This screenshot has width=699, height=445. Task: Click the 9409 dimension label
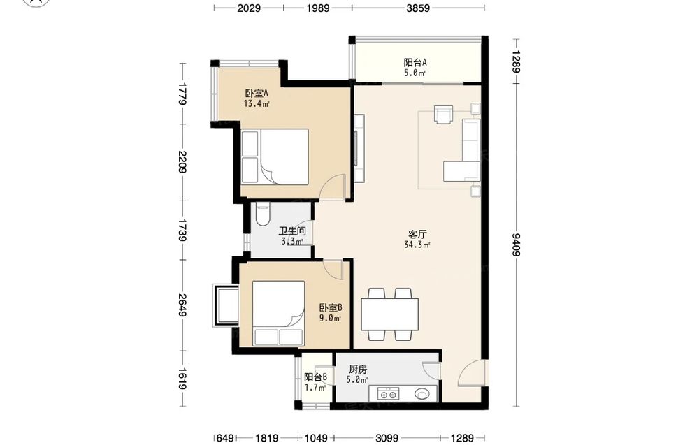tap(517, 245)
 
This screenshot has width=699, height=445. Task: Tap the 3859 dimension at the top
tap(418, 8)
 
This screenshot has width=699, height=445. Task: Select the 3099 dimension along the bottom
tap(386, 438)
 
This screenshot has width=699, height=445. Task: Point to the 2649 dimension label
tap(182, 305)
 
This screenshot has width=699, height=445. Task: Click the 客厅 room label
tap(417, 234)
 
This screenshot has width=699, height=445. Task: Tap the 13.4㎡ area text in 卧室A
tap(257, 104)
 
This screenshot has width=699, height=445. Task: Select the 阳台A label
tap(415, 62)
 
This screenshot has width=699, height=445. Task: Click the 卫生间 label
tap(292, 231)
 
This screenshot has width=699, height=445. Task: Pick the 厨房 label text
tap(357, 370)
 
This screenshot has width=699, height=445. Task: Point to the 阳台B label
tap(316, 377)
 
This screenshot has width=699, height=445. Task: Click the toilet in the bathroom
tap(263, 214)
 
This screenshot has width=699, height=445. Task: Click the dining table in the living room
tap(389, 314)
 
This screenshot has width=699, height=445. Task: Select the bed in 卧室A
tap(275, 156)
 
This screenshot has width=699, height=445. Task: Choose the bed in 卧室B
tap(279, 313)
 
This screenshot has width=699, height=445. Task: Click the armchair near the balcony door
tap(444, 115)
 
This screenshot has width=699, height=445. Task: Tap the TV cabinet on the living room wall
tap(359, 148)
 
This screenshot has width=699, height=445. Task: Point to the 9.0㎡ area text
tap(330, 318)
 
